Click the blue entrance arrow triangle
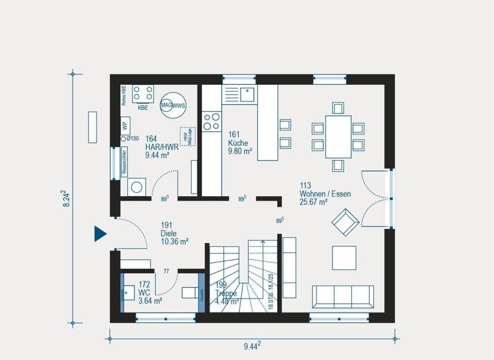100,233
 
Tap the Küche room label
239,143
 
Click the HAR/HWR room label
157,147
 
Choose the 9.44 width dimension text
252,346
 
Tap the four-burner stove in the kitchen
211,122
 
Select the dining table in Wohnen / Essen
338,136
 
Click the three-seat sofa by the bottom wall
342,296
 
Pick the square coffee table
343,258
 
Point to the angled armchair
344,222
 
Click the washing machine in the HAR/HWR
137,187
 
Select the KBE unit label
142,108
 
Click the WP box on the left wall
125,125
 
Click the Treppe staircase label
226,293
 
